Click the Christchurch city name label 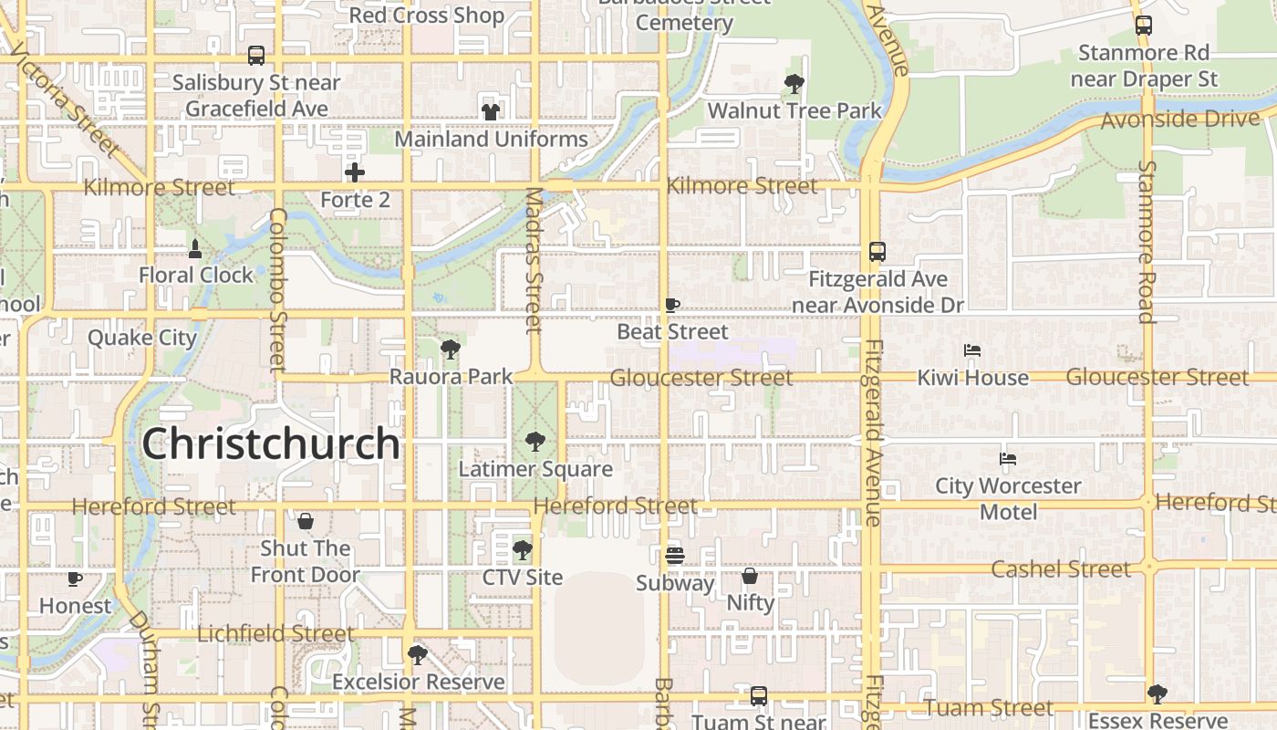tap(271, 444)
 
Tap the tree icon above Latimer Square tap(535, 443)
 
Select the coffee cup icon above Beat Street tap(672, 305)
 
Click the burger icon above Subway tap(675, 556)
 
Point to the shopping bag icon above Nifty tap(750, 576)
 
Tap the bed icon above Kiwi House tap(972, 350)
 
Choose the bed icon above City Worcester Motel tap(1008, 459)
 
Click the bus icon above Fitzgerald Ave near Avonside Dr tap(877, 252)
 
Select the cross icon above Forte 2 tap(355, 172)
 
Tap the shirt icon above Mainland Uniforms tap(491, 112)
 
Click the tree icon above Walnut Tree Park tap(794, 85)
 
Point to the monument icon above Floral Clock tap(195, 248)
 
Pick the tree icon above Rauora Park tap(450, 349)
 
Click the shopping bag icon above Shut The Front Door tap(306, 521)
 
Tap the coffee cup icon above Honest tap(75, 579)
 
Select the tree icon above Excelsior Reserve tap(418, 654)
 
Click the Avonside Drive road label tap(1180, 120)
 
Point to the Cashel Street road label tap(1061, 569)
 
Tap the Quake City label tap(142, 338)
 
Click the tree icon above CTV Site tap(523, 550)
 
